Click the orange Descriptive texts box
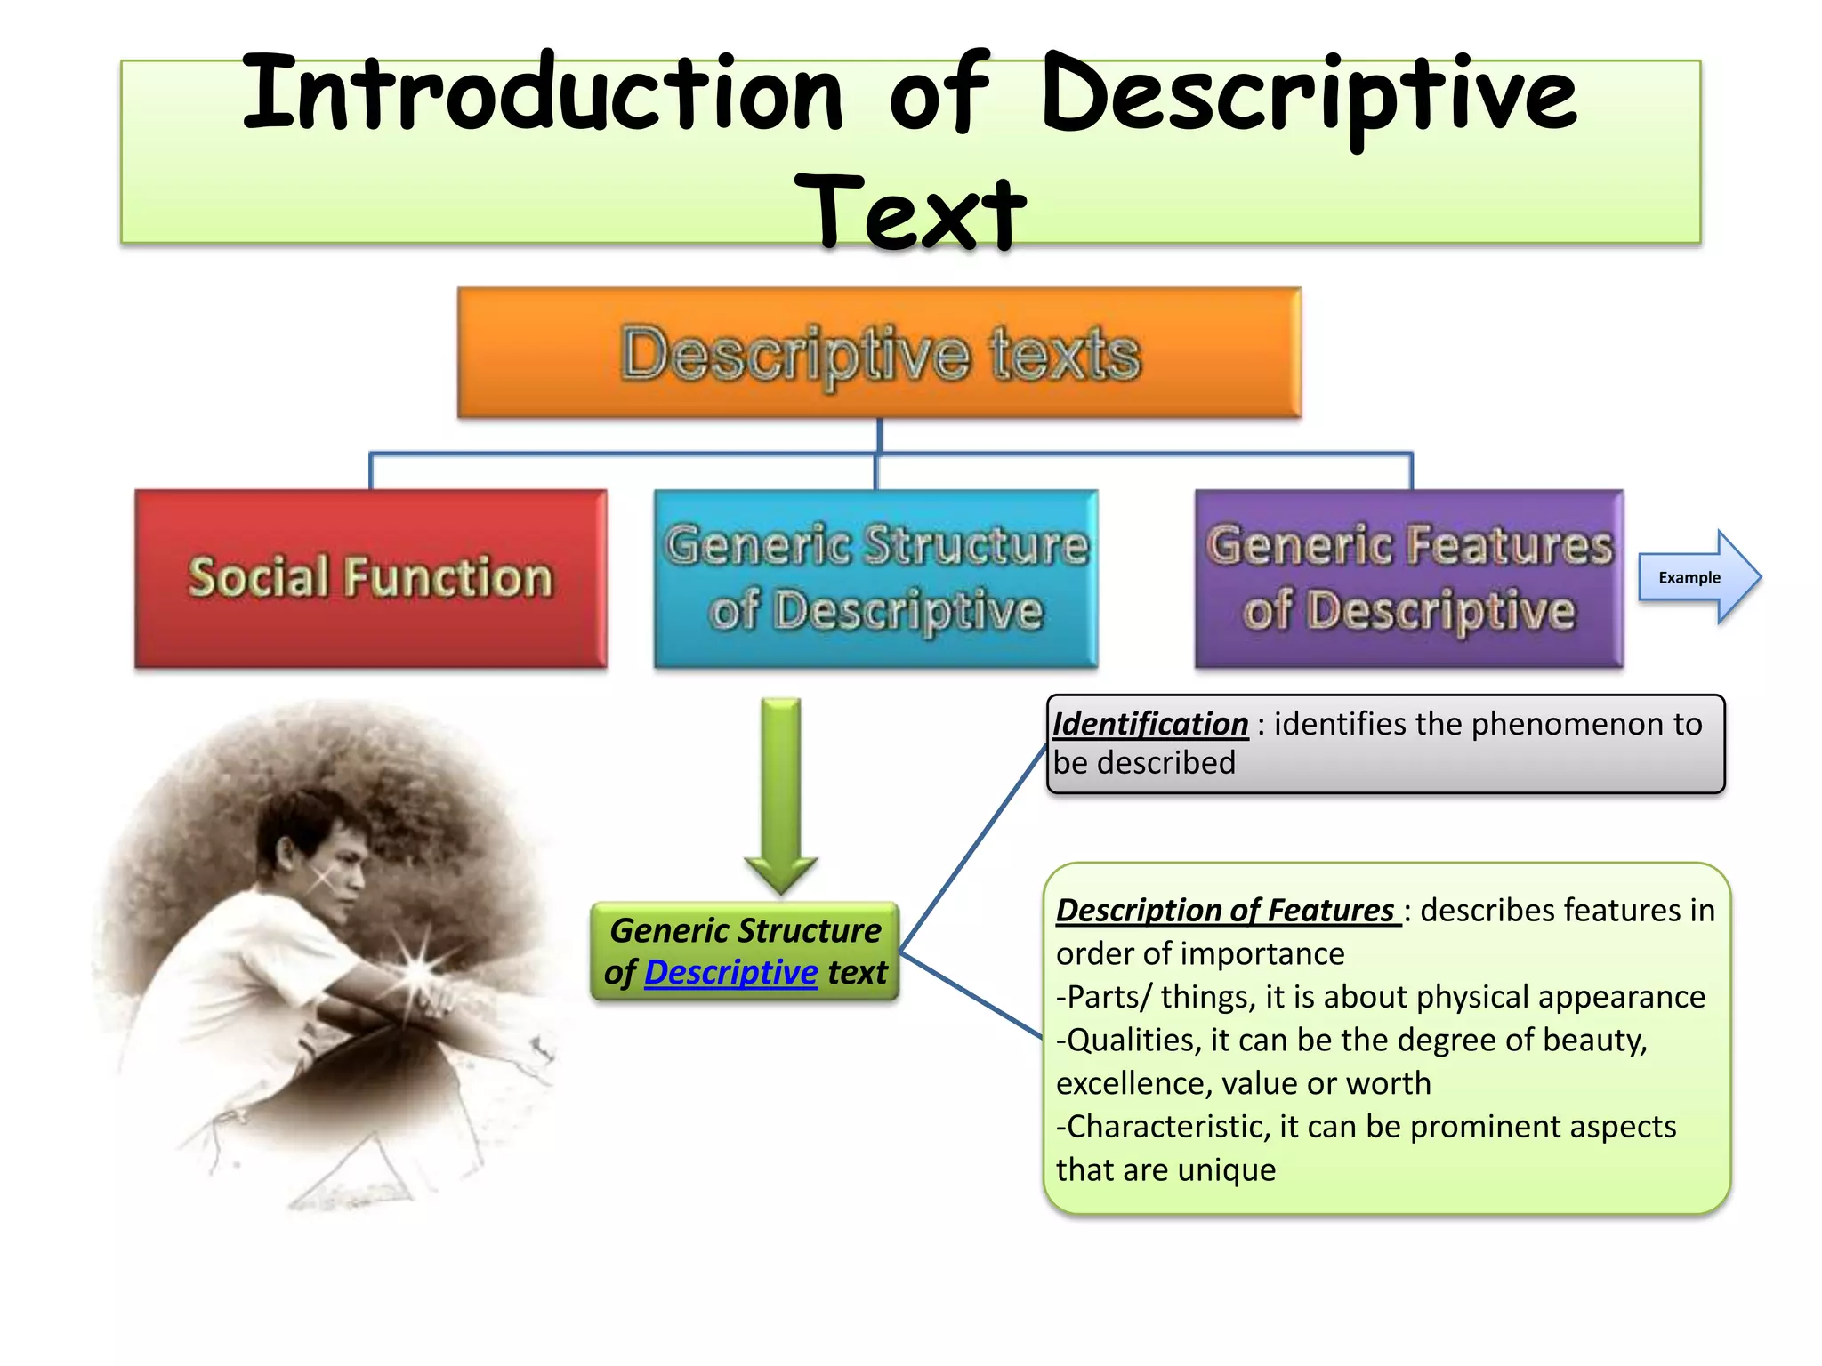click(879, 353)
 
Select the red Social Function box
click(371, 578)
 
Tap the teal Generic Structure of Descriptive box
click(876, 578)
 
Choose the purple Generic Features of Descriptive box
click(1409, 578)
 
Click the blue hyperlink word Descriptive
click(730, 973)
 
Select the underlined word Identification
click(1150, 724)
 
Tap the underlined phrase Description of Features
click(1225, 911)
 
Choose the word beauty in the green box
click(1598, 1041)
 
